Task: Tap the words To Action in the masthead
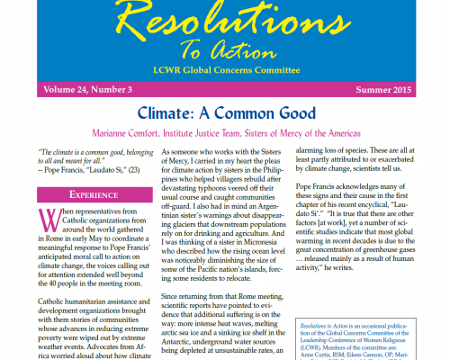225,50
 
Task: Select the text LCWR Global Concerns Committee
225,69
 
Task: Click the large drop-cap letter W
46,221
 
